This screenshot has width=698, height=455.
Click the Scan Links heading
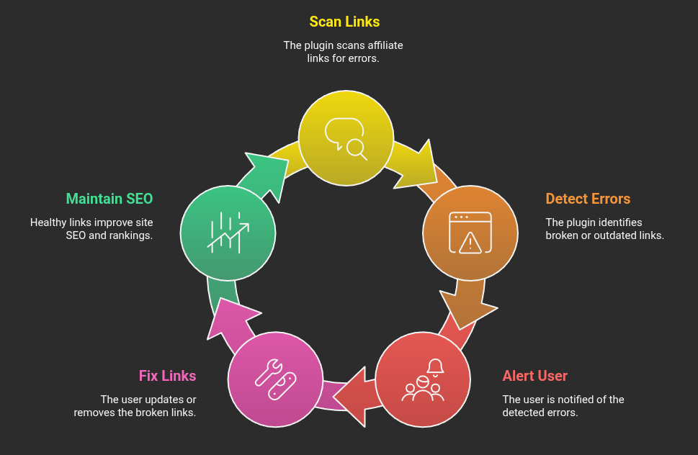pos(344,22)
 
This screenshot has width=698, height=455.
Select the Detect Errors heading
pos(588,199)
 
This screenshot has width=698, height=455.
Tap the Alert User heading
pos(534,376)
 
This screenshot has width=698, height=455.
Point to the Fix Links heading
pos(167,376)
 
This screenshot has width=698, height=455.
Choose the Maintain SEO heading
pos(109,199)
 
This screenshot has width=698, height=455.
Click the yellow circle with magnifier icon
pos(346,138)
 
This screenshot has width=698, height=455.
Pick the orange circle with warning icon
pos(470,232)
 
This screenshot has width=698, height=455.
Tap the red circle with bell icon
pos(423,379)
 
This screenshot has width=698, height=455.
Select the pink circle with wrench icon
pos(274,379)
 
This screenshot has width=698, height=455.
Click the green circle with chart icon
pos(228,232)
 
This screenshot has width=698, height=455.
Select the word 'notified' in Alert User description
pos(572,400)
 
